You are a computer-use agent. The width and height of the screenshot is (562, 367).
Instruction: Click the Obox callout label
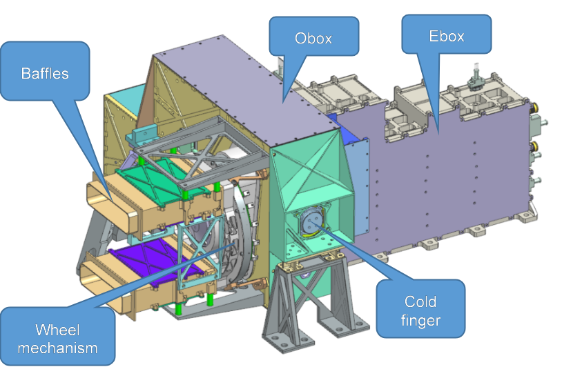(313, 39)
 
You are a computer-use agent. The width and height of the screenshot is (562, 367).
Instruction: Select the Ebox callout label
(447, 36)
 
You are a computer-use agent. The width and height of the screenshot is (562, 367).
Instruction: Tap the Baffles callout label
(45, 73)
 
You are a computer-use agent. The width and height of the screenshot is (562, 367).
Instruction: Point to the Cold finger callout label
(420, 311)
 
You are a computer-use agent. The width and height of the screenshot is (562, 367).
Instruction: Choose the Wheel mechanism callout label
(57, 339)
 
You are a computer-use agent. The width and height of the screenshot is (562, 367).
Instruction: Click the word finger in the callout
(420, 320)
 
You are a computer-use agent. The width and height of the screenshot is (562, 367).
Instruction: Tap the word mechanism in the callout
(57, 348)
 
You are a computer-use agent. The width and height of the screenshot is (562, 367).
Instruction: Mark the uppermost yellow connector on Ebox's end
(535, 107)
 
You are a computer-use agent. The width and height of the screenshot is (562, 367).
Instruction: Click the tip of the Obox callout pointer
(283, 103)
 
